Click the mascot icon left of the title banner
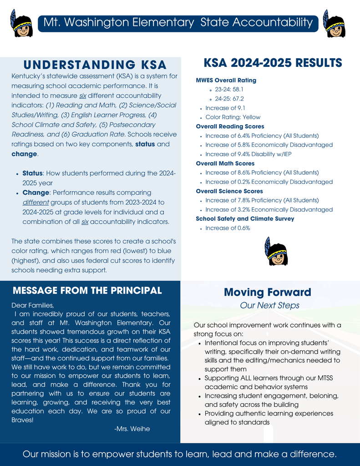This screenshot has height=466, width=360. coord(21,24)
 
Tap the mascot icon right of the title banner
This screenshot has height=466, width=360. coord(335,24)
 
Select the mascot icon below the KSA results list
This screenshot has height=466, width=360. coord(276,252)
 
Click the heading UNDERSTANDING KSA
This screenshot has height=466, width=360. coord(95,65)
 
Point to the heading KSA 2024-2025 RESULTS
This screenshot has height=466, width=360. coord(273,62)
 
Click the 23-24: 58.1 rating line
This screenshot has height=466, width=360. coord(229,90)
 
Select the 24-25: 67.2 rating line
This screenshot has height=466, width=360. coord(229,99)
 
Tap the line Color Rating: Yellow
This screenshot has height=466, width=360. coord(233,117)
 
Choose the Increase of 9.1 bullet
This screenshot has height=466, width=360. coord(225,108)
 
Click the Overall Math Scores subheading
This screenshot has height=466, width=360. coord(225,163)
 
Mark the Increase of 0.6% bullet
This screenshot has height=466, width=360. coord(228,228)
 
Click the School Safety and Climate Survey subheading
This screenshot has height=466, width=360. coord(245,219)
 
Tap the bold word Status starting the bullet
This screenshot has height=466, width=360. coord(32,173)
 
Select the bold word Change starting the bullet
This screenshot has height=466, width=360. coord(36,192)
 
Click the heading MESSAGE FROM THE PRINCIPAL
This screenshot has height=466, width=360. coord(87,290)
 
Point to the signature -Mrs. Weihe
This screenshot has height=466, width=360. coord(132,429)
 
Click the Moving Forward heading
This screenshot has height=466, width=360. coord(268,292)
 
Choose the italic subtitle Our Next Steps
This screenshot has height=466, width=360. coord(269,305)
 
